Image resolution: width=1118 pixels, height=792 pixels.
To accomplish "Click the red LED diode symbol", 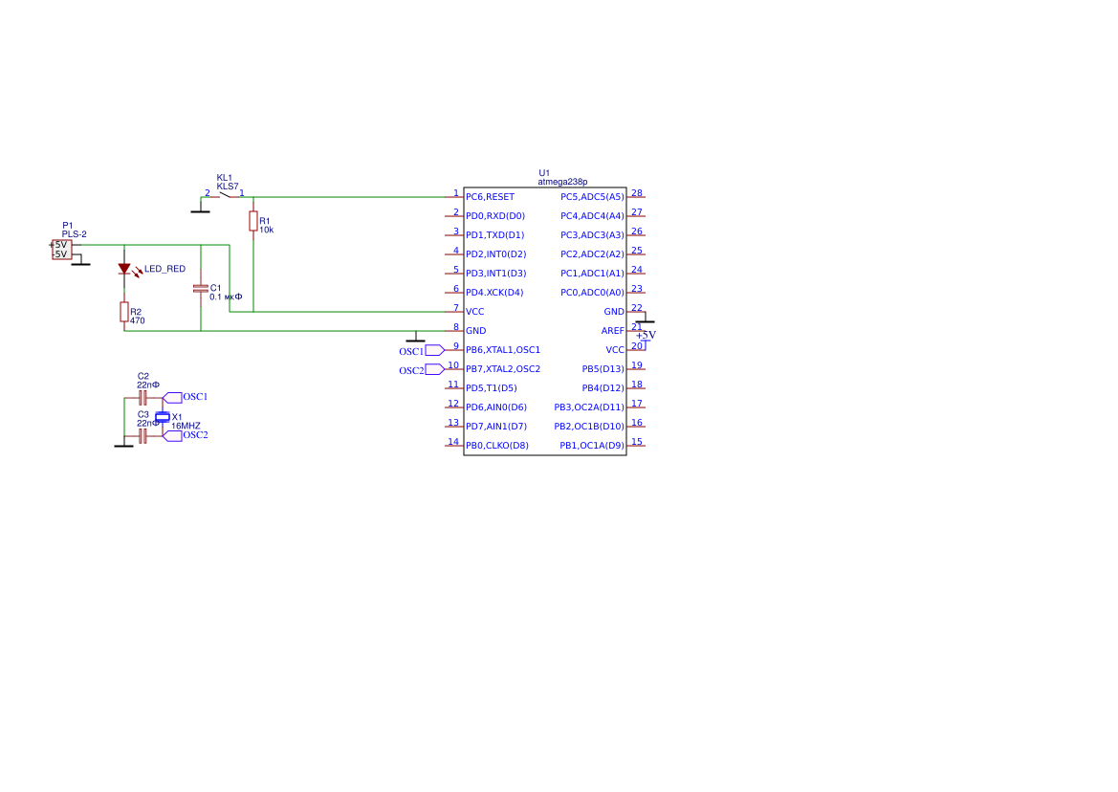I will pos(124,269).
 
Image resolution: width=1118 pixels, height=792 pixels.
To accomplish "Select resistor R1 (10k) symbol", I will pos(253,222).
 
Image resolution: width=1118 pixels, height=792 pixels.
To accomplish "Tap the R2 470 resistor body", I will pos(124,312).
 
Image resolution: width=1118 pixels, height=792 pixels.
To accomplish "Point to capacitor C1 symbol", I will pos(201,288).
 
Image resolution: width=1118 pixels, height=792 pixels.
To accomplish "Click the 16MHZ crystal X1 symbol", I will pos(163,416).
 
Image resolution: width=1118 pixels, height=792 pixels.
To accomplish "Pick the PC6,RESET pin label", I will pos(490,197).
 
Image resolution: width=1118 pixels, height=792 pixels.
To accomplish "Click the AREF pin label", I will pos(612,331).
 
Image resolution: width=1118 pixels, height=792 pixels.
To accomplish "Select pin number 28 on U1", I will pos(636,193).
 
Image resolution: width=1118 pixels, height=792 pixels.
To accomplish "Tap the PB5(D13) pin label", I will pos(603,369).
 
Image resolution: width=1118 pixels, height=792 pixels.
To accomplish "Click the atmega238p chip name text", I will pos(562,182).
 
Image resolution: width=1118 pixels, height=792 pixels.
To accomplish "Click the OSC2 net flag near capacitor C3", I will pos(173,435).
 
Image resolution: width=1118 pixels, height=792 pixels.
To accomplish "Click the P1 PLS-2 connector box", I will pos(61,249).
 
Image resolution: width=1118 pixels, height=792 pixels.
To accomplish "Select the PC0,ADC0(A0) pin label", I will pos(592,293).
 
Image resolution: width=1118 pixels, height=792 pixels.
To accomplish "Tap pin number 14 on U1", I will pos(453,442).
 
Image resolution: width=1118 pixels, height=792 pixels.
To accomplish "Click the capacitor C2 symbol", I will pos(142,396).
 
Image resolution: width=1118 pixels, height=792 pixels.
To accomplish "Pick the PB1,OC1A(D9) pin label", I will pos(591,446).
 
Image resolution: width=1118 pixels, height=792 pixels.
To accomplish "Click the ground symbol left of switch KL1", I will pos(200,209).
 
